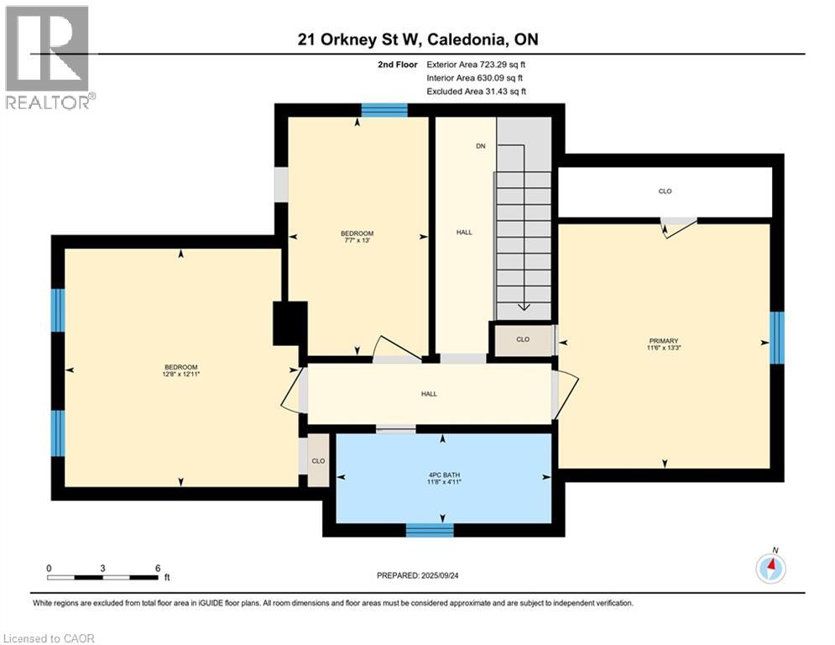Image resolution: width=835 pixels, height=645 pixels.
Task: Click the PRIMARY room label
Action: point(664,341)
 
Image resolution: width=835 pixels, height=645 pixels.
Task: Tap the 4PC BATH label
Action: point(444,475)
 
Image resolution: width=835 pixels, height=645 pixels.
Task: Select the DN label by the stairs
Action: point(481,146)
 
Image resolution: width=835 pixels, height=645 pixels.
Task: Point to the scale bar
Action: point(102,577)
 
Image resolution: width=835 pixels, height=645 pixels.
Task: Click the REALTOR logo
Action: point(49,58)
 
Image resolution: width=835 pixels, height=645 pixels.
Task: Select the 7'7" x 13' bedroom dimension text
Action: point(357,240)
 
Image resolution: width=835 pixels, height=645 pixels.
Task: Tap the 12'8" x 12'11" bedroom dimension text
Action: point(181,375)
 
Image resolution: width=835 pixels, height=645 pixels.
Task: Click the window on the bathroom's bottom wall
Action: point(430,530)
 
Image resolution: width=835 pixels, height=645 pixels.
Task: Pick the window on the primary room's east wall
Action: point(777,338)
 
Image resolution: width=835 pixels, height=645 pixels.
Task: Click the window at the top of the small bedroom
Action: point(384,110)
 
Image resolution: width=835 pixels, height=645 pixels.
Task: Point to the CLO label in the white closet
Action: point(665,191)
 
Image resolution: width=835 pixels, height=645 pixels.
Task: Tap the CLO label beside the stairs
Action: point(523,339)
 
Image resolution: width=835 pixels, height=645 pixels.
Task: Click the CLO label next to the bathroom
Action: point(318,461)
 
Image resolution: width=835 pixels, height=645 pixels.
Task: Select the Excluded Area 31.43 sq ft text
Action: point(476,92)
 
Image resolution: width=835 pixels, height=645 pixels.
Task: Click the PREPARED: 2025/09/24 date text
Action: point(418,575)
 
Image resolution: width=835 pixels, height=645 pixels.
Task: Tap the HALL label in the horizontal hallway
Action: point(429,394)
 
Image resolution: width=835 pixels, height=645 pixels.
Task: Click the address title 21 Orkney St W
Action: point(360,39)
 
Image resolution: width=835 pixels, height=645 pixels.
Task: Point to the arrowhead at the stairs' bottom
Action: point(524,307)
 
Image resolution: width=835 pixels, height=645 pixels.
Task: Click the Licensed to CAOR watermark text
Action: point(49,638)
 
